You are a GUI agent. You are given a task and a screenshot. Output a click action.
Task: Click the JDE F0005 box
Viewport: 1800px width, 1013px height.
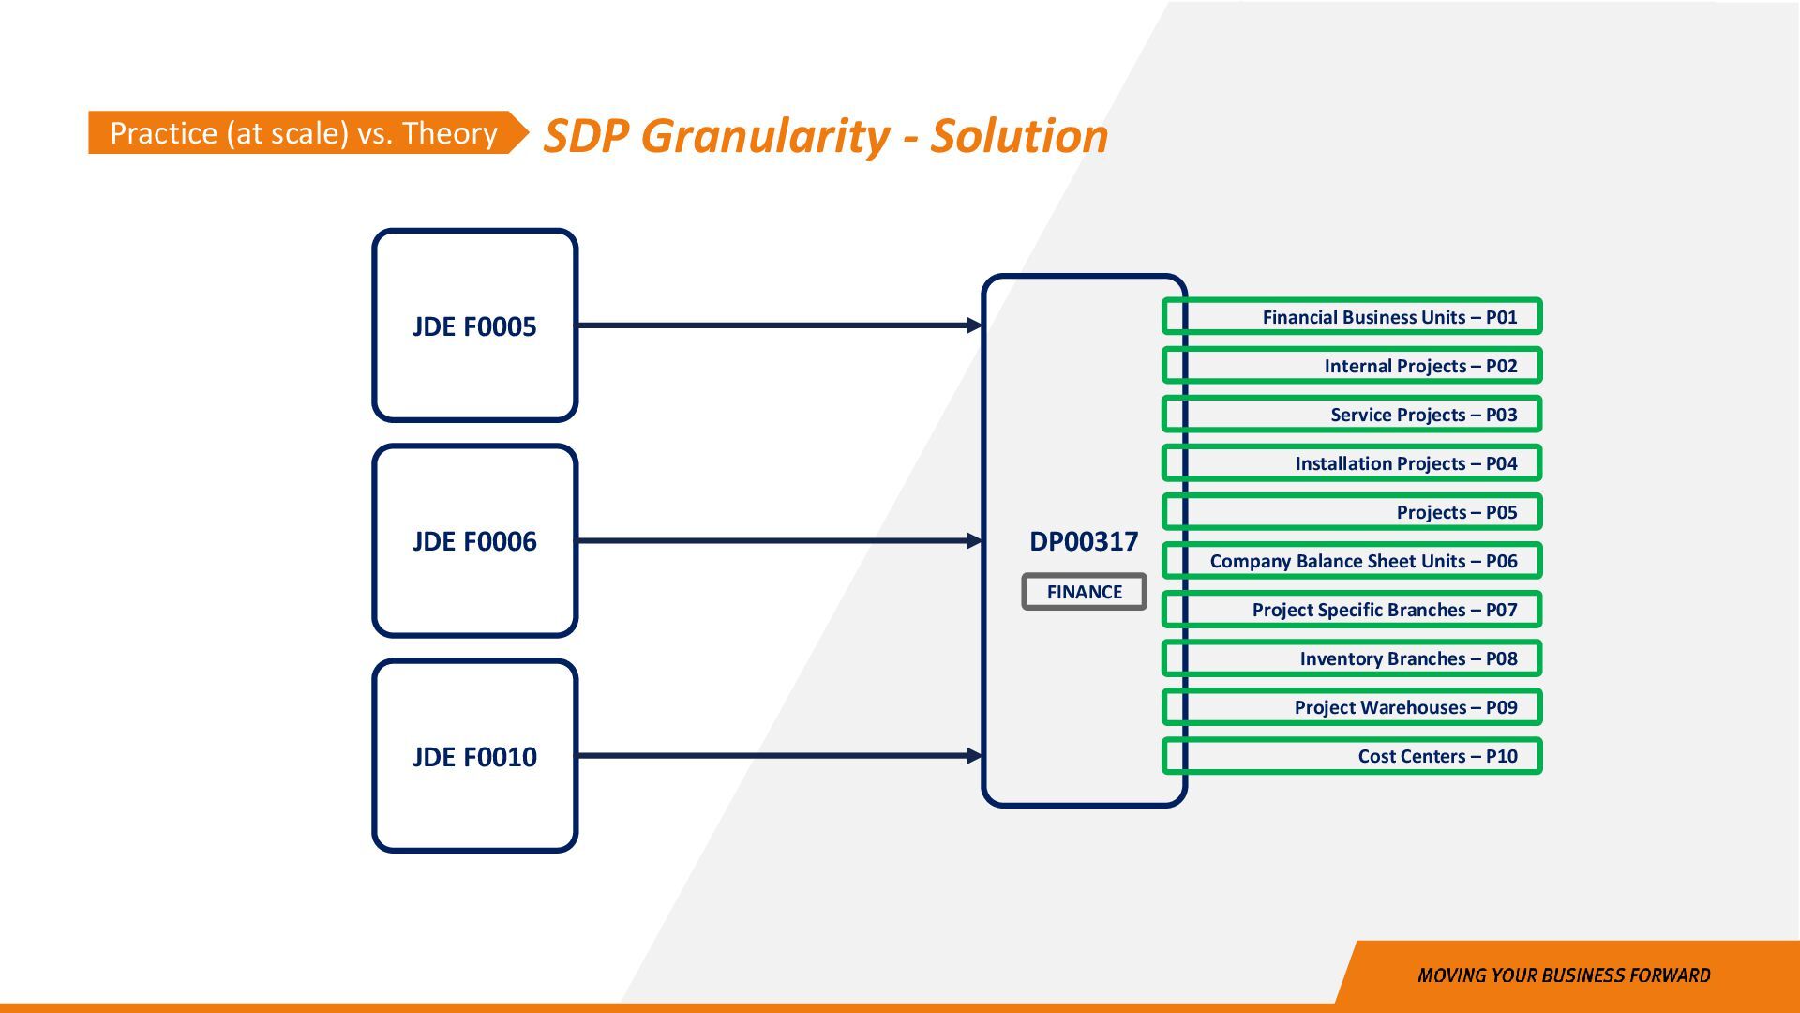(474, 325)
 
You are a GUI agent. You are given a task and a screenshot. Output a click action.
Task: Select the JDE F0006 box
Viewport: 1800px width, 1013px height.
(474, 541)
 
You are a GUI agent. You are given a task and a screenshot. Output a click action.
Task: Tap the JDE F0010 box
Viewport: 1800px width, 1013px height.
(474, 756)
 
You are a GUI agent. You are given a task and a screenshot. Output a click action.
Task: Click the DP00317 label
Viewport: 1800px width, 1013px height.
(1084, 541)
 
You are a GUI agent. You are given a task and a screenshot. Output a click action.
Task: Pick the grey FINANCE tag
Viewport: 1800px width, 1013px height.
(1084, 592)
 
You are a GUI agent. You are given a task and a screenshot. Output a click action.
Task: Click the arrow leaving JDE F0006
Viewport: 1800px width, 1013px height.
(778, 541)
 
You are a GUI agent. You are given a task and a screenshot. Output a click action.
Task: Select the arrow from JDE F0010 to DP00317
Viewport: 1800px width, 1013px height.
(778, 756)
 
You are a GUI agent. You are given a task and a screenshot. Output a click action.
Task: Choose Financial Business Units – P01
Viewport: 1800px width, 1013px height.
(1352, 317)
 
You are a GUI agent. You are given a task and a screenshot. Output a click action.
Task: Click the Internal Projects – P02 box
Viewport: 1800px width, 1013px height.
(1352, 366)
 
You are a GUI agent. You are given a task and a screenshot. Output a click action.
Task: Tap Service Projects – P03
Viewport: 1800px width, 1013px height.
(1352, 415)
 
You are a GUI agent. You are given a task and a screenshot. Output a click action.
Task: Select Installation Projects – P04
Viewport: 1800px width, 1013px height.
(1352, 463)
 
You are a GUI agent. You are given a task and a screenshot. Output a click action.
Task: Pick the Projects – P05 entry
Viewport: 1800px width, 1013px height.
(1352, 512)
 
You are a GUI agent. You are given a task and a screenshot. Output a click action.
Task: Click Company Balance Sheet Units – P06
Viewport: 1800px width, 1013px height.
(1352, 561)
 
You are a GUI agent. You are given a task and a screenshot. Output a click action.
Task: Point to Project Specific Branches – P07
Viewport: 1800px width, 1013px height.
(1352, 610)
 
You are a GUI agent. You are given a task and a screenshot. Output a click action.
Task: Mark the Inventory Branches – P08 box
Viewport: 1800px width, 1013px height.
(1352, 658)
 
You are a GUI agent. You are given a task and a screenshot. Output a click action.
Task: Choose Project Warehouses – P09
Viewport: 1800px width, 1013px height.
(1352, 707)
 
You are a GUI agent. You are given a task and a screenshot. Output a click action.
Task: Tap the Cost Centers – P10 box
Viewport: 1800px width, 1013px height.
(1352, 756)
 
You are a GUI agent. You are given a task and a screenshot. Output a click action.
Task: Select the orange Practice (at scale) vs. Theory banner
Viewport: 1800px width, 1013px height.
(304, 133)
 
